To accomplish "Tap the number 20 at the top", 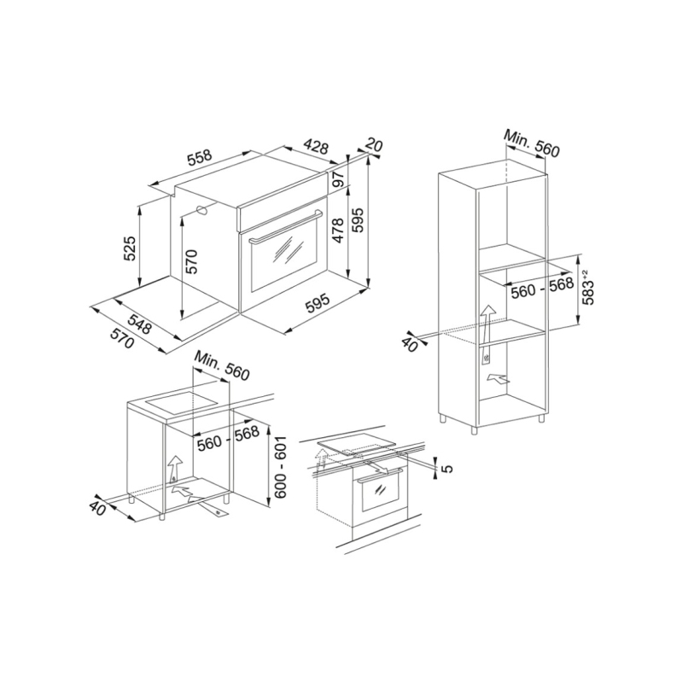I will tap(373, 147).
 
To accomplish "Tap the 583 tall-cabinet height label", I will tap(588, 288).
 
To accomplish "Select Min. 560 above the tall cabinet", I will tap(530, 143).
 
